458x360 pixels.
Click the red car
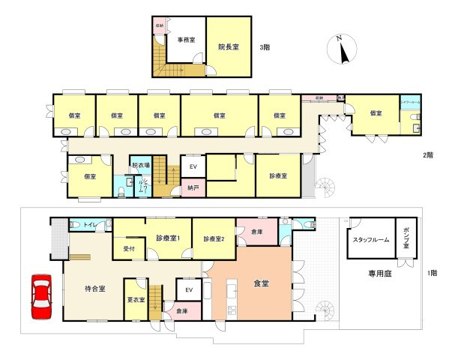point(42,297)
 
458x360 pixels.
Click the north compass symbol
point(342,50)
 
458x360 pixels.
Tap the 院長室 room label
point(228,46)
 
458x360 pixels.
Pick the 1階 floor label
point(433,273)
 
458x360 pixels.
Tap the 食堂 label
point(262,283)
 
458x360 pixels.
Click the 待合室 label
point(94,287)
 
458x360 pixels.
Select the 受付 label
point(128,247)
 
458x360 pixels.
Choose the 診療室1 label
point(169,238)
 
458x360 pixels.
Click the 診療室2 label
point(214,239)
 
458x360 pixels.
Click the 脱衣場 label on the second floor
point(140,165)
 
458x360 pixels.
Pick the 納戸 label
point(193,188)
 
